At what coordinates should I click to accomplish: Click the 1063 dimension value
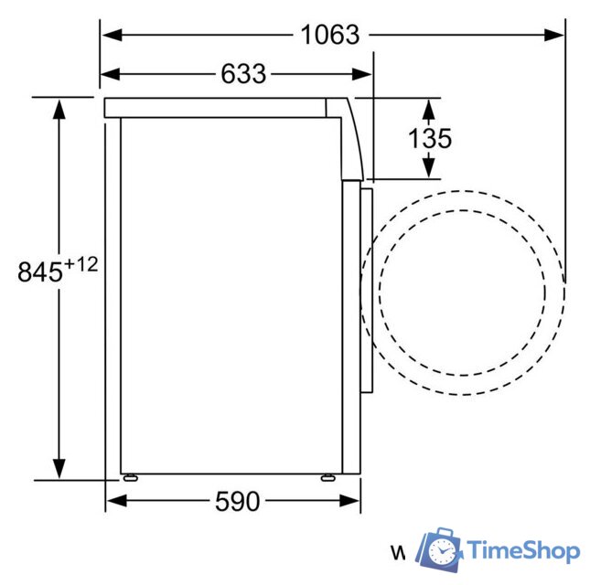click(330, 35)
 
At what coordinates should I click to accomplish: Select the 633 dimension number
click(243, 74)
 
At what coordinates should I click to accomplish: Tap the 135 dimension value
click(429, 138)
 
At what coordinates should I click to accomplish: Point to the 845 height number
click(40, 271)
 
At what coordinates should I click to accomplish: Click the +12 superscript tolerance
click(80, 264)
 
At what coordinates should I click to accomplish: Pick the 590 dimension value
click(237, 501)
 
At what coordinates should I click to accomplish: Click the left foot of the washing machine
click(131, 477)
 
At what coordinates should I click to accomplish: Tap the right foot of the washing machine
click(327, 477)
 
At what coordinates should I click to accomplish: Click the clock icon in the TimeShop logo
click(443, 550)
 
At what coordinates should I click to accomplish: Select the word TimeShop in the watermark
click(523, 550)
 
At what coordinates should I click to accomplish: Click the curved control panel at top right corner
click(352, 137)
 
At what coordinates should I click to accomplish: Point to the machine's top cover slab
click(215, 107)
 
